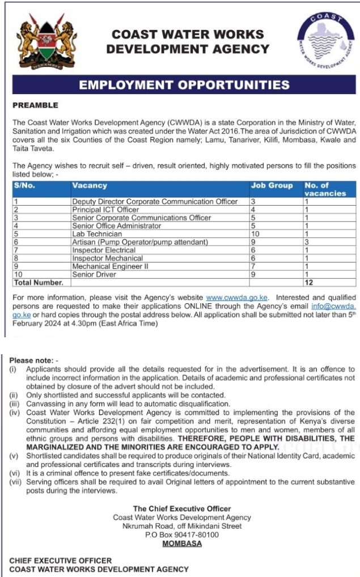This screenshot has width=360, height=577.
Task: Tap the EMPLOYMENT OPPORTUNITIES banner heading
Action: [x=184, y=86]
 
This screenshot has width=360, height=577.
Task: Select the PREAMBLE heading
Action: [x=35, y=105]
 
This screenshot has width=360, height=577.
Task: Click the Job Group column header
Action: [x=272, y=185]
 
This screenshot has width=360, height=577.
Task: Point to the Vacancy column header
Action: [x=90, y=185]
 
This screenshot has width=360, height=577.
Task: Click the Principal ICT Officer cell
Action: [x=105, y=210]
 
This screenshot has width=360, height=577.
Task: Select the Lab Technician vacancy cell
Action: [x=97, y=234]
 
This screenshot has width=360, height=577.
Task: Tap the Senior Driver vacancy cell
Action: [x=94, y=274]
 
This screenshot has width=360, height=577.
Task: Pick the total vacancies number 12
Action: [x=309, y=282]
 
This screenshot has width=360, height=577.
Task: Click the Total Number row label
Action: [x=39, y=282]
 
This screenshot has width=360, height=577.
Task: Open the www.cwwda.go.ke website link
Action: [x=237, y=296]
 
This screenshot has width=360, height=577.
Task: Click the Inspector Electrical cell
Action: [x=104, y=250]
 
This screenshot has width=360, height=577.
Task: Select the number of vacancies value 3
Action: [x=307, y=242]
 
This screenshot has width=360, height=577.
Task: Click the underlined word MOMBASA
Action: [x=182, y=544]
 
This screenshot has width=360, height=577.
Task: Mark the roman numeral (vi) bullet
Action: [x=14, y=473]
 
